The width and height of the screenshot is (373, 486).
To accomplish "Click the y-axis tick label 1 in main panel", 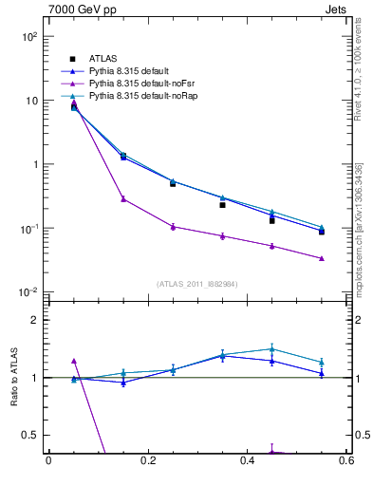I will (x=33, y=164).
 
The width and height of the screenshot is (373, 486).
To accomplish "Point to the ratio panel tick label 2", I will (x=33, y=320).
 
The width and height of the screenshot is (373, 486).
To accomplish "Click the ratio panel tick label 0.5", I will (x=28, y=435).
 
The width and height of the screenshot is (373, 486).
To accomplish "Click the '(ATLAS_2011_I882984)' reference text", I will (x=196, y=284).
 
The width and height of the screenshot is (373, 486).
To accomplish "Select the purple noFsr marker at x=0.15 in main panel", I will (x=123, y=198).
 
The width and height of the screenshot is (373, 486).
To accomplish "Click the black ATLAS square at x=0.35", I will (x=222, y=205).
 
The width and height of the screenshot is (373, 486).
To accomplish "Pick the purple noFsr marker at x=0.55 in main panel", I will (x=322, y=258).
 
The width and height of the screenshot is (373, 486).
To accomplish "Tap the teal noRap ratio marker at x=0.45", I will (x=272, y=348).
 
